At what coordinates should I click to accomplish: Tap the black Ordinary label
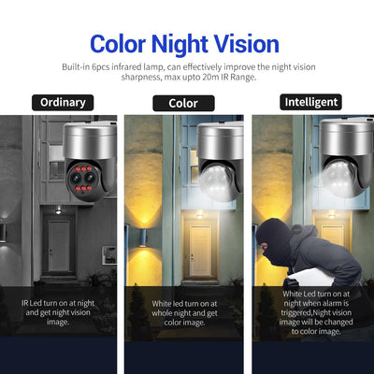coord(63,102)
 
